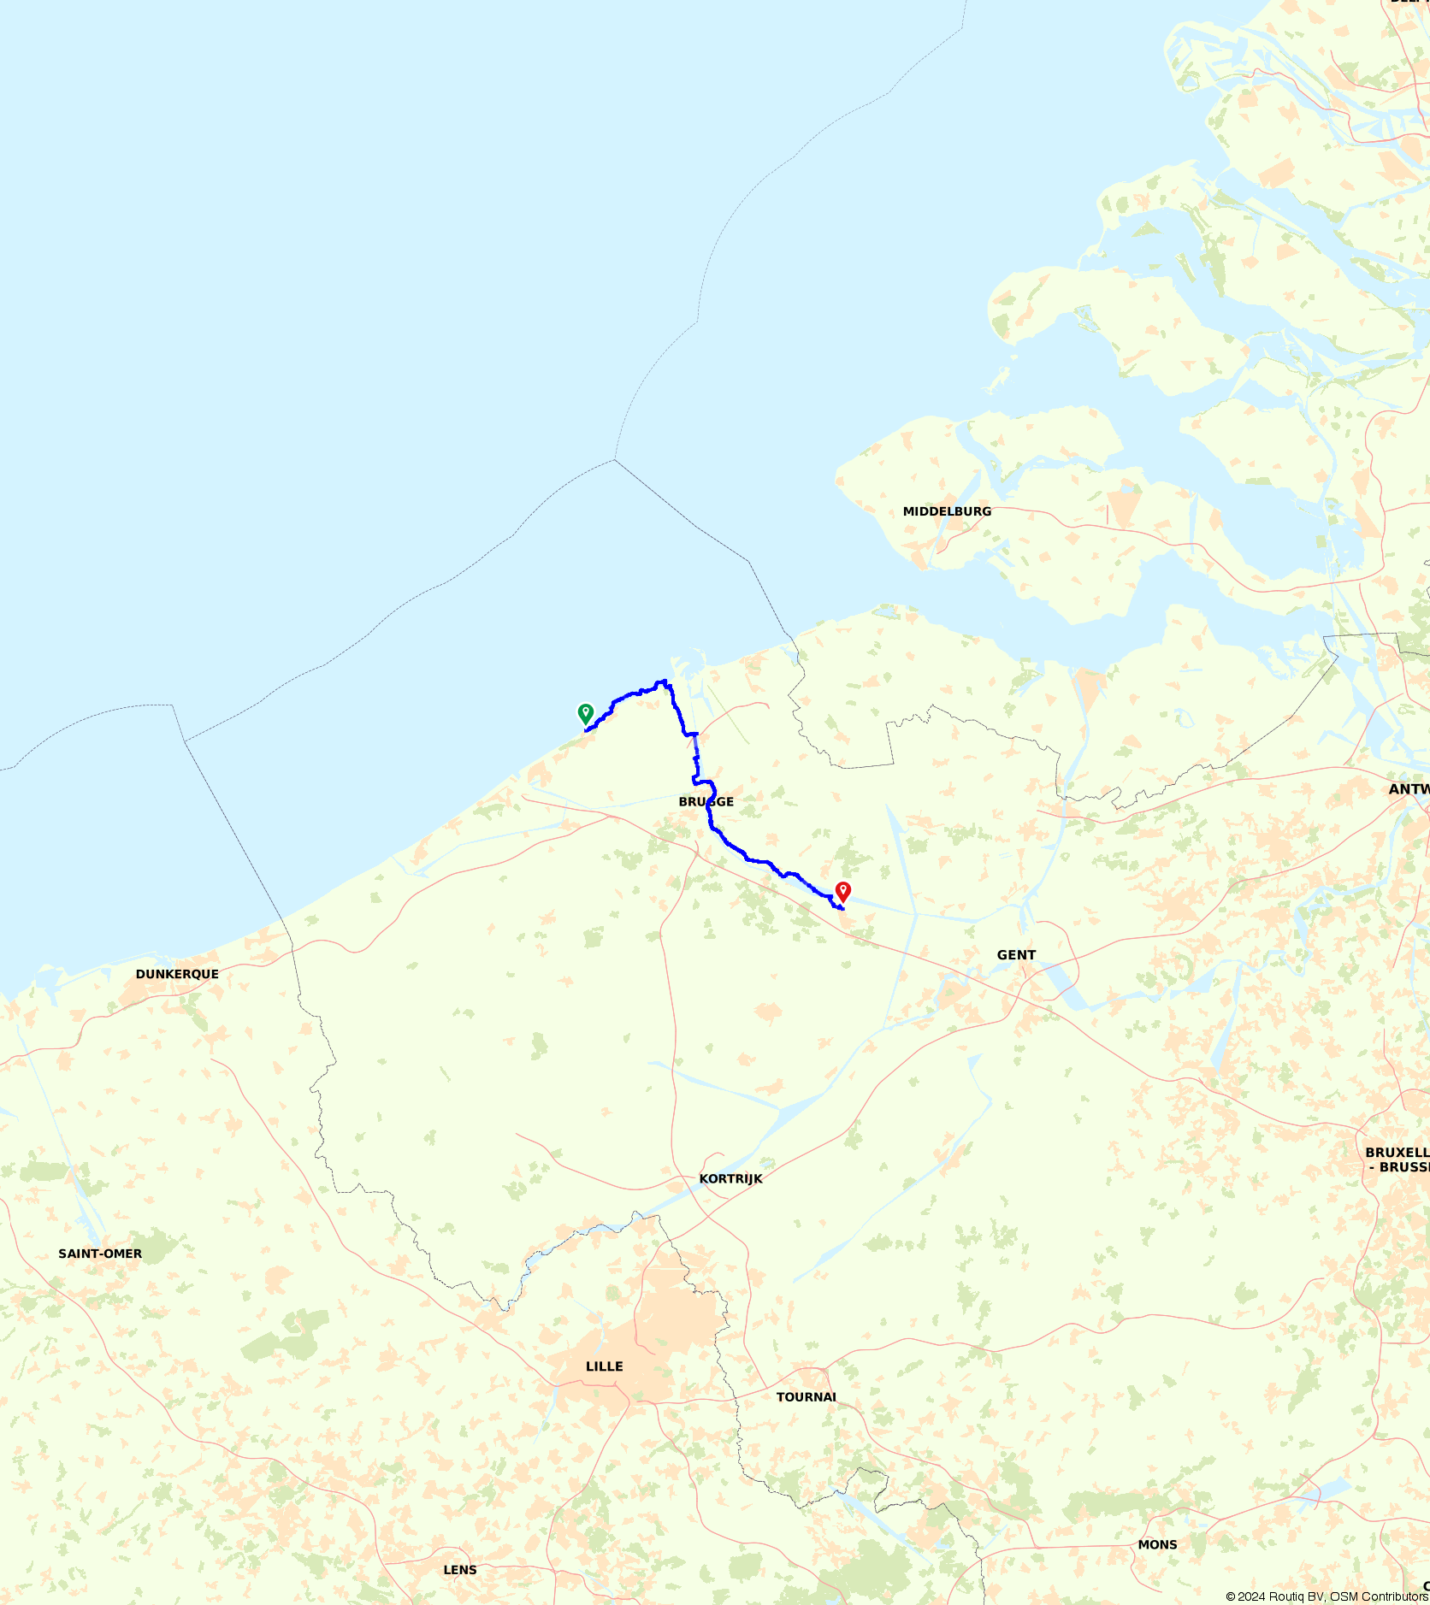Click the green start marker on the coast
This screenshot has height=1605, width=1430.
pyautogui.click(x=585, y=713)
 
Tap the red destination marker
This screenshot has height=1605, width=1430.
pyautogui.click(x=842, y=892)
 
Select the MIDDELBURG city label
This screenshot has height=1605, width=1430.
pyautogui.click(x=947, y=511)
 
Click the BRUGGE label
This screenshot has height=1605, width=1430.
pyautogui.click(x=706, y=802)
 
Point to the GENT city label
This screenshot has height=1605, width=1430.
pyautogui.click(x=1016, y=955)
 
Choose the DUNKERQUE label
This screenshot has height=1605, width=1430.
pyautogui.click(x=177, y=974)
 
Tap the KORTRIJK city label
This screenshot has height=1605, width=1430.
pyautogui.click(x=730, y=1178)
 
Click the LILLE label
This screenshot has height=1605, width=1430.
pyautogui.click(x=604, y=1366)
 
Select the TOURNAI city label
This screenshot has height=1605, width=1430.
pyautogui.click(x=806, y=1397)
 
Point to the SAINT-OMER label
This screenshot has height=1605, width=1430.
pyautogui.click(x=100, y=1254)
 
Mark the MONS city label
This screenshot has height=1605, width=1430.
pyautogui.click(x=1157, y=1544)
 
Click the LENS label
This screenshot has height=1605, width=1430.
pyautogui.click(x=460, y=1570)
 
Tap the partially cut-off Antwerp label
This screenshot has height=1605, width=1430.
pyautogui.click(x=1409, y=789)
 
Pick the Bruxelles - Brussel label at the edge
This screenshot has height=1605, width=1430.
pyautogui.click(x=1397, y=1159)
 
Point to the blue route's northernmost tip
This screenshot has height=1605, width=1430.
pyautogui.click(x=663, y=682)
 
